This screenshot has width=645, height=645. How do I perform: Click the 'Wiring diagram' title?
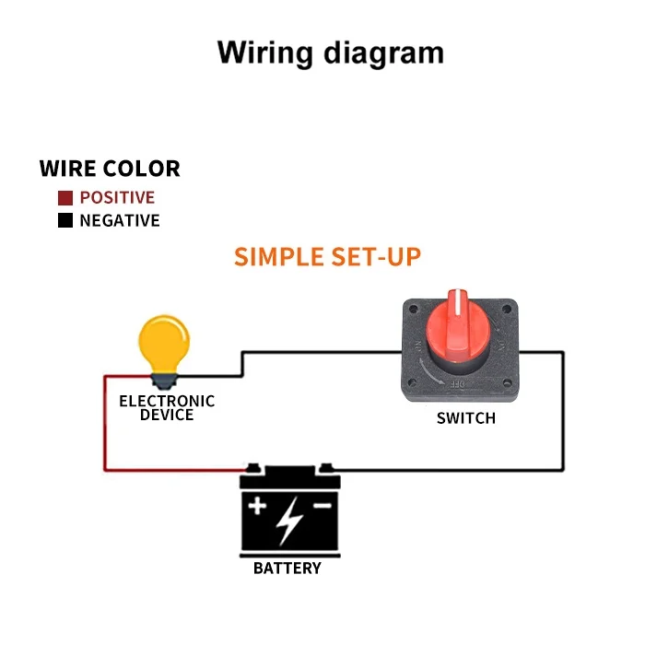(330, 53)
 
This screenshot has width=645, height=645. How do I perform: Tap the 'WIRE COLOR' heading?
(110, 169)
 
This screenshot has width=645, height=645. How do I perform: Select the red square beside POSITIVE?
(65, 197)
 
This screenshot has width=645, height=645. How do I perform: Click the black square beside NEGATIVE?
(65, 221)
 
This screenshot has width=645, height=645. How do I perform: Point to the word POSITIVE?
(117, 197)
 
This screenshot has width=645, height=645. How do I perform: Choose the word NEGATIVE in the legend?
(120, 221)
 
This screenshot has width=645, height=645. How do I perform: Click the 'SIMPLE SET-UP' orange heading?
(327, 256)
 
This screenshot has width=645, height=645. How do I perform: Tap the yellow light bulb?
(163, 343)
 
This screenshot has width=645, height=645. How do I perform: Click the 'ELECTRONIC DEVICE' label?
(167, 407)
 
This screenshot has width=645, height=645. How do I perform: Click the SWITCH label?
(465, 418)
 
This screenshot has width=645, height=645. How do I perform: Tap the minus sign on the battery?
(322, 506)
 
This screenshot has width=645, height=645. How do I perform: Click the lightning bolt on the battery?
(289, 521)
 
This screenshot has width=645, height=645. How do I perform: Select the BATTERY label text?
(287, 568)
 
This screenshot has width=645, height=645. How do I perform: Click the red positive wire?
(104, 424)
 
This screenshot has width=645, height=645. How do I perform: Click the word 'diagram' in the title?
(383, 53)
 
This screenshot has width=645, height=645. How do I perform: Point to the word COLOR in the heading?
(142, 169)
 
